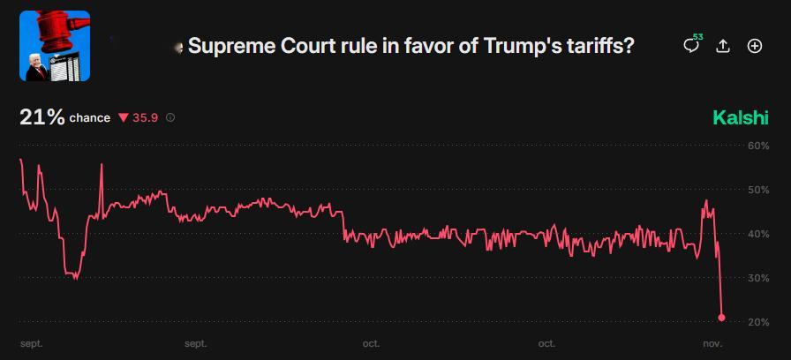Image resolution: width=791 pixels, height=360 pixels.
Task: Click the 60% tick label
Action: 758,146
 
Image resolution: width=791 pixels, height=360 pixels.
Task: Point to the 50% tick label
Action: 758,190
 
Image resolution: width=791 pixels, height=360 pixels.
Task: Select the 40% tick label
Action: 758,234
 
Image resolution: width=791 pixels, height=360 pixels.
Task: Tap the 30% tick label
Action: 758,278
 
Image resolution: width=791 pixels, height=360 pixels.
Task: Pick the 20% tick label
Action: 758,322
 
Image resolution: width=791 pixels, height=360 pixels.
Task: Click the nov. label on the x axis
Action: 713,343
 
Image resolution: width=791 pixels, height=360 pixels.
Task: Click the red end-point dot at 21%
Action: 722,318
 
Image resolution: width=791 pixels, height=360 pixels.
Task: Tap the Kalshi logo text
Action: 741,118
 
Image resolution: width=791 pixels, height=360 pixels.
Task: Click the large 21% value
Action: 41,117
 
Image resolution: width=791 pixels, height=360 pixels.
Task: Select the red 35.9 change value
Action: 146,117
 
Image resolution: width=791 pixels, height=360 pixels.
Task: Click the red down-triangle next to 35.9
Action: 124,117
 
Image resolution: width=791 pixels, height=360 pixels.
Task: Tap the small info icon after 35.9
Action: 170,117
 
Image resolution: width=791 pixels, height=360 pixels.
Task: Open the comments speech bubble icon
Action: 691,46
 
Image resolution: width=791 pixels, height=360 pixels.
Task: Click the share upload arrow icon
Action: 723,46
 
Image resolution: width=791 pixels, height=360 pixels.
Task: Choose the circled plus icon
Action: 755,46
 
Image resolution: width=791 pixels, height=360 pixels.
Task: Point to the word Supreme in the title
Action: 226,46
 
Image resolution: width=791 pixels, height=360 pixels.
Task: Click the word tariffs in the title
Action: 600,46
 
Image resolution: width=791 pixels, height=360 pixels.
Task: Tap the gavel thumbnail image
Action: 55,46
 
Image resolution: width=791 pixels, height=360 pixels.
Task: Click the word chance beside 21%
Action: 90,118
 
